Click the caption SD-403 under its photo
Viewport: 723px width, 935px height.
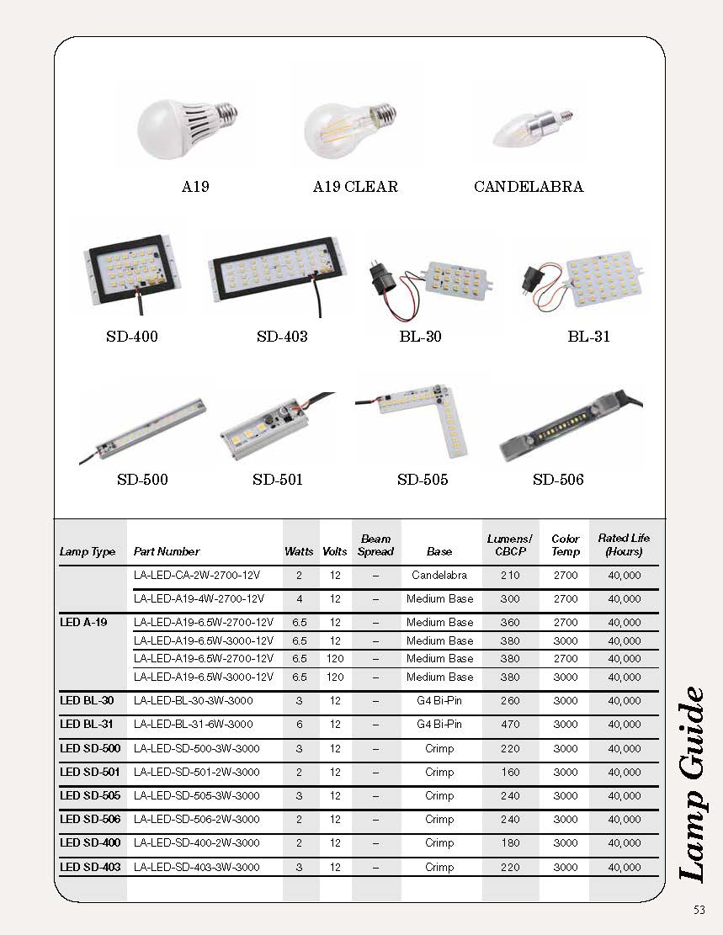point(282,337)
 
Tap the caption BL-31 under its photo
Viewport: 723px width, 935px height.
point(588,337)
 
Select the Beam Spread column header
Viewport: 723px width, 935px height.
point(375,545)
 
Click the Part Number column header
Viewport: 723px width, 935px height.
point(167,552)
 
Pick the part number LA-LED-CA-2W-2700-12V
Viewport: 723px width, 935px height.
point(199,576)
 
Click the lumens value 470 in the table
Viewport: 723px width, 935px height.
point(509,725)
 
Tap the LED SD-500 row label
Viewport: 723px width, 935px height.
point(91,748)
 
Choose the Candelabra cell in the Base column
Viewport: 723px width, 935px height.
point(439,576)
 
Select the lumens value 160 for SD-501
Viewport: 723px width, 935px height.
point(509,773)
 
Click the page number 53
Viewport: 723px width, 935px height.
point(699,909)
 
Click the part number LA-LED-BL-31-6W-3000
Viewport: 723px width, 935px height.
point(194,725)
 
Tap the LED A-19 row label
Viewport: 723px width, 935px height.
point(84,623)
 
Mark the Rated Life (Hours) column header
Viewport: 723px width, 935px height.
point(624,545)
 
